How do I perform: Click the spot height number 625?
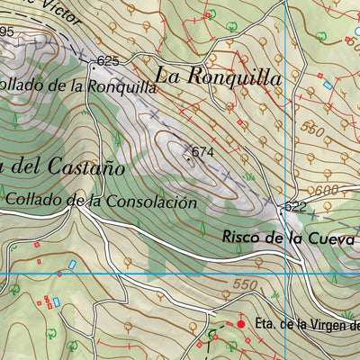108,61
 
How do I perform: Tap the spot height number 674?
202,152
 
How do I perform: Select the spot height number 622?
295,207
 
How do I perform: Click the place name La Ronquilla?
218,77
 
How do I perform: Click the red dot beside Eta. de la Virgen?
240,322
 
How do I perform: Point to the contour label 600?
326,190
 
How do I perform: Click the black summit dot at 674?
188,157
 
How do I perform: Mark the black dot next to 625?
93,66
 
